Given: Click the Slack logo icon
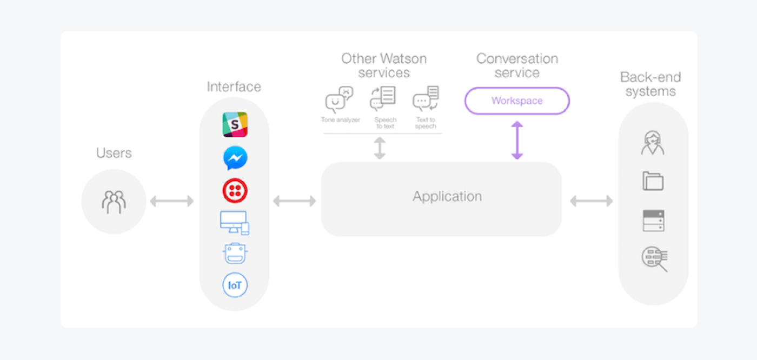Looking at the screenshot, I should point(235,124).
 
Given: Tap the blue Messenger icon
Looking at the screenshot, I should point(235,158).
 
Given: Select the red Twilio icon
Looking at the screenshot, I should point(235,191).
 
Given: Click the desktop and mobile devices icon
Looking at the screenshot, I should point(235,223).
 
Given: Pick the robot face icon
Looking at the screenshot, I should point(235,253).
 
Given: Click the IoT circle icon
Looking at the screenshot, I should point(235,285).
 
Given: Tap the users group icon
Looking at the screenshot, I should point(114,202).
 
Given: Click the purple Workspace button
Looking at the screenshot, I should point(517,101).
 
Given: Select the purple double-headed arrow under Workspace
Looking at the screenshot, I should point(517,141).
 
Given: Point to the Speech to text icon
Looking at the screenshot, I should point(383,99).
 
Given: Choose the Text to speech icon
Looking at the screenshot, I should point(426,99).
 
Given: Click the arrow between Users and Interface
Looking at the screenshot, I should point(171,201).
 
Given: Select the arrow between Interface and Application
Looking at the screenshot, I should point(294,201).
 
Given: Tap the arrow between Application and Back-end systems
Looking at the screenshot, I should point(591,201).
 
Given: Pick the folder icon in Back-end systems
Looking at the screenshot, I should point(653,181).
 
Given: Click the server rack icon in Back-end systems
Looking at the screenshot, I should point(653,221).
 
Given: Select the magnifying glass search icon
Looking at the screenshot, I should point(654,259).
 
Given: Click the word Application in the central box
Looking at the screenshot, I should point(447,196).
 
